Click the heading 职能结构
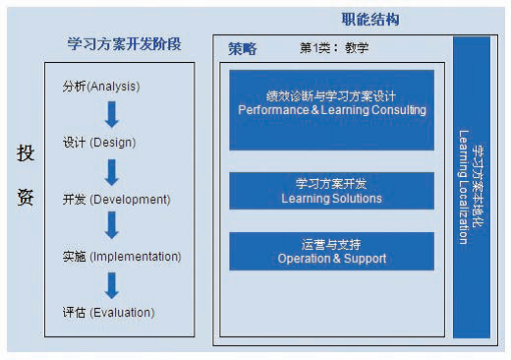click(370, 20)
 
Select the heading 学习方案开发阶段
click(124, 44)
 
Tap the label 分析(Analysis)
click(101, 87)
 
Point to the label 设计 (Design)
click(99, 143)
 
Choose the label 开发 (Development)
click(117, 200)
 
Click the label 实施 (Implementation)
click(122, 257)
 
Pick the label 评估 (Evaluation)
click(108, 313)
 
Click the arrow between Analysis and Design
click(112, 114)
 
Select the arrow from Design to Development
click(112, 172)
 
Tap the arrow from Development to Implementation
click(112, 225)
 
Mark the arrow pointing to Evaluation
click(112, 285)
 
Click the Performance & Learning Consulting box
click(332, 110)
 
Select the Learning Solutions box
click(332, 191)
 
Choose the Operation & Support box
click(332, 251)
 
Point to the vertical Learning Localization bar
click(472, 187)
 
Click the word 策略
click(243, 49)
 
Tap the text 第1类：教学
click(334, 48)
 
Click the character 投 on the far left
click(26, 153)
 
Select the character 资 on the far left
click(26, 197)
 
